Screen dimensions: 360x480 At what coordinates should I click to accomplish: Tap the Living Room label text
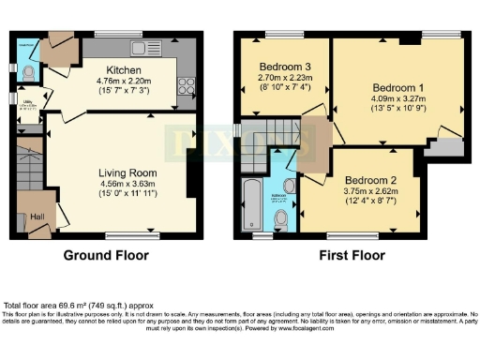127,173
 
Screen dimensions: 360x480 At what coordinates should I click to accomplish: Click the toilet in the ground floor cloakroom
28,70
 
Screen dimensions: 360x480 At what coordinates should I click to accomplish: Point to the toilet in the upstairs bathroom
281,218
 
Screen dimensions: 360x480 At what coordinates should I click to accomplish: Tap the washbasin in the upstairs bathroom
289,187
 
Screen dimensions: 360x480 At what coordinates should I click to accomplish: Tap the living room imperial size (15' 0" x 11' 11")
128,194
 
